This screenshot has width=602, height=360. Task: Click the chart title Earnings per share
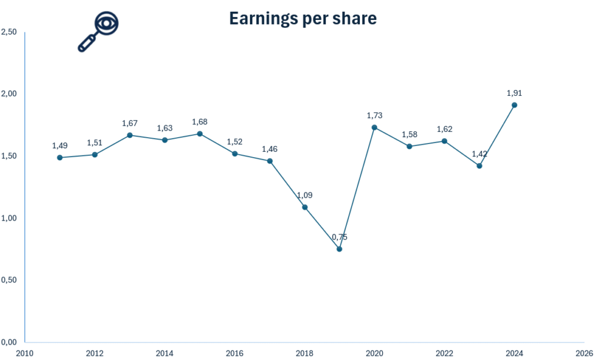point(302,18)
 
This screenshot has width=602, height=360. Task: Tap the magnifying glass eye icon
point(99,32)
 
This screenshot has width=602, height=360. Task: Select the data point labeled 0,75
point(339,249)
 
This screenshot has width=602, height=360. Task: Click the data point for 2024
point(514,105)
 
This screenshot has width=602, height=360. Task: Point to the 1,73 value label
point(374,115)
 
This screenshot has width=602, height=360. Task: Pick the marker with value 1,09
point(305,207)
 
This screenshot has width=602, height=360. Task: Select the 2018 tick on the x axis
point(305,353)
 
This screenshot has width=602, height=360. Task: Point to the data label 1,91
point(514,93)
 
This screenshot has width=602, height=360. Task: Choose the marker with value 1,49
point(60,158)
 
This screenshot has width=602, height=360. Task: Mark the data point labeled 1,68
point(200,134)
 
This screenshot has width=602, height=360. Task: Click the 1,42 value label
point(480,154)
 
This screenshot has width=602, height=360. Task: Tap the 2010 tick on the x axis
point(25,353)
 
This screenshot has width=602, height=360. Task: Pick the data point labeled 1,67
point(130,135)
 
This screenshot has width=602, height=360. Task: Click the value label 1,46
point(270,149)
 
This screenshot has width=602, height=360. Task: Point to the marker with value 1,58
point(410,146)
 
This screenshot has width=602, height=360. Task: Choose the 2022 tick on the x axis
point(444,353)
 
